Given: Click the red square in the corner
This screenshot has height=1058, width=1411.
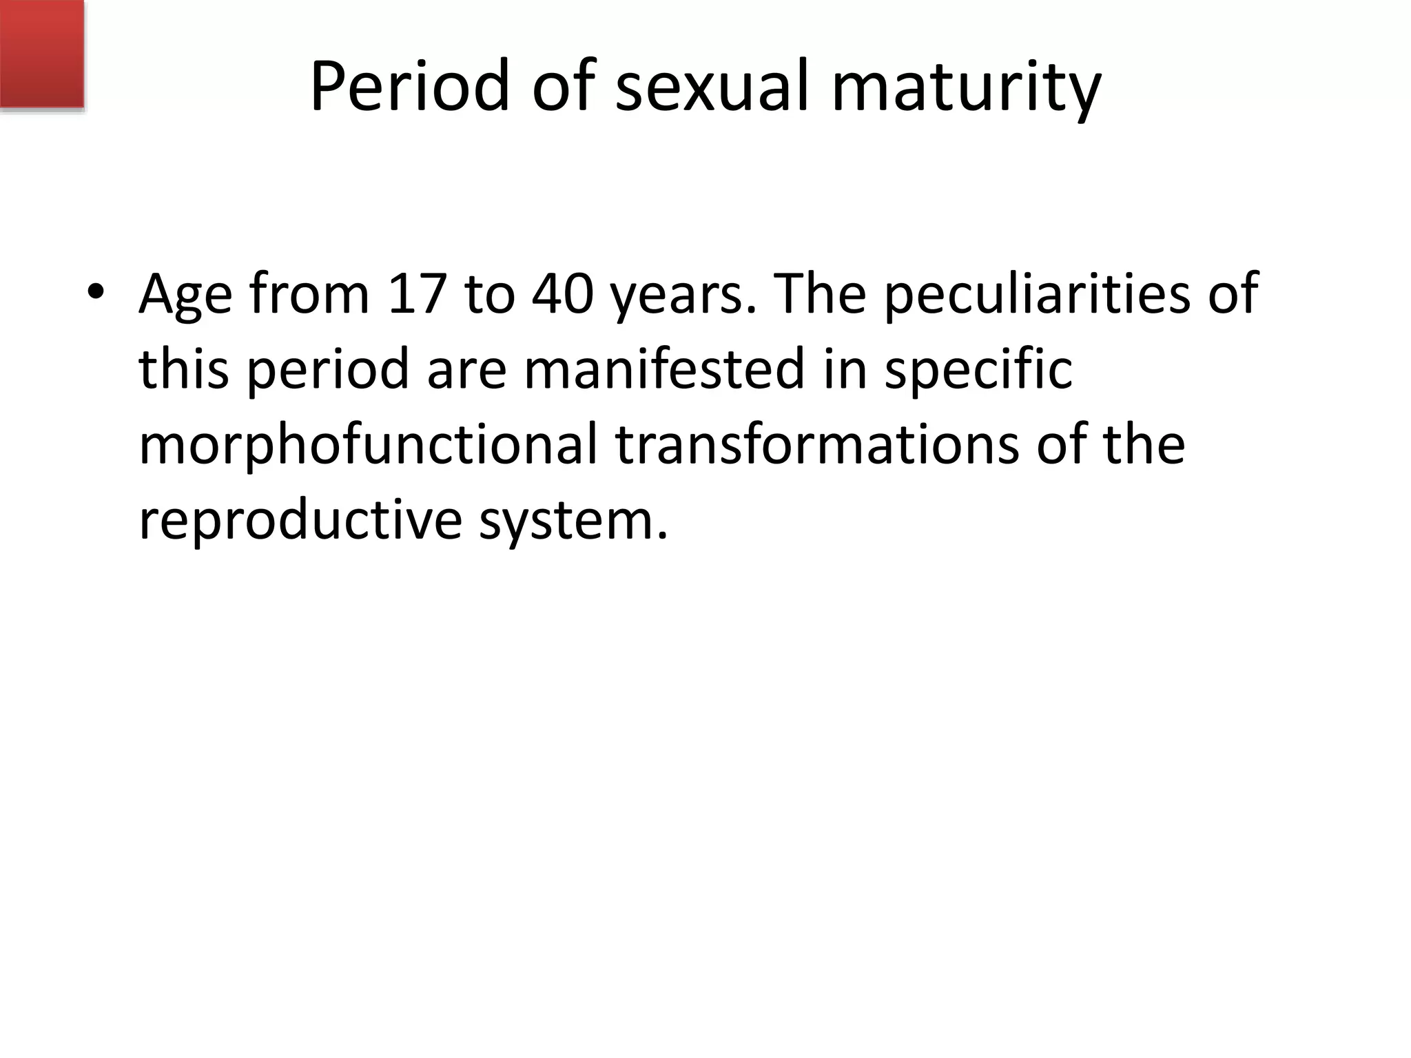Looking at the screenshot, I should point(41,54).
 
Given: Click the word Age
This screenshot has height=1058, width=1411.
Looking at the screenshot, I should point(185,295).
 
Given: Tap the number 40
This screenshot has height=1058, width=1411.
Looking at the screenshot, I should point(562,293).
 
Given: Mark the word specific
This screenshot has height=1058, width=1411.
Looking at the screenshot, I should point(978,371).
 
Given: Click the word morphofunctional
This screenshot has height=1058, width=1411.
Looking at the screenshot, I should point(368,445).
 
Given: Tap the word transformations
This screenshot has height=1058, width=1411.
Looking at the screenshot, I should point(816,444).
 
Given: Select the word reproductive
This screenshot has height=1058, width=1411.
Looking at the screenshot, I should point(300,519).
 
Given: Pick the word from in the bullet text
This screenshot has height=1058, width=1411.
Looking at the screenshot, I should point(309,293).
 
